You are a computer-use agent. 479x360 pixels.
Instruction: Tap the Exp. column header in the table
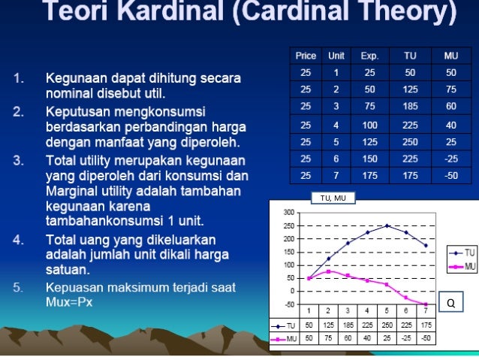369,56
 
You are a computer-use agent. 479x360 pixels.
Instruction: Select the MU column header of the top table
450,56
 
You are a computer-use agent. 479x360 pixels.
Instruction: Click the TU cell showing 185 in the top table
410,107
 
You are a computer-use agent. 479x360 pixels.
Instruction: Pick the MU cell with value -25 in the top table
450,159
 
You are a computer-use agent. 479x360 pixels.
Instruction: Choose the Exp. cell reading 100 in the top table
369,125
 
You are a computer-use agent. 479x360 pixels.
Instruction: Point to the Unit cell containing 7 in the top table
336,176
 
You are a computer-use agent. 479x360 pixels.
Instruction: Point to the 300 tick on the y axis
288,213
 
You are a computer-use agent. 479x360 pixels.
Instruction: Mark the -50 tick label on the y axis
288,304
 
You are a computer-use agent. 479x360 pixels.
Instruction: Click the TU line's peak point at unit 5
387,225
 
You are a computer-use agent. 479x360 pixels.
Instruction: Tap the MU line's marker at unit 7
426,304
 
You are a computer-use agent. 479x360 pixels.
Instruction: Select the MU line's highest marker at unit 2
329,271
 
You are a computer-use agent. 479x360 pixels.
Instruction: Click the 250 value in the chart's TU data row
387,325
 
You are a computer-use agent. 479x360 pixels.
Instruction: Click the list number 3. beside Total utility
18,160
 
